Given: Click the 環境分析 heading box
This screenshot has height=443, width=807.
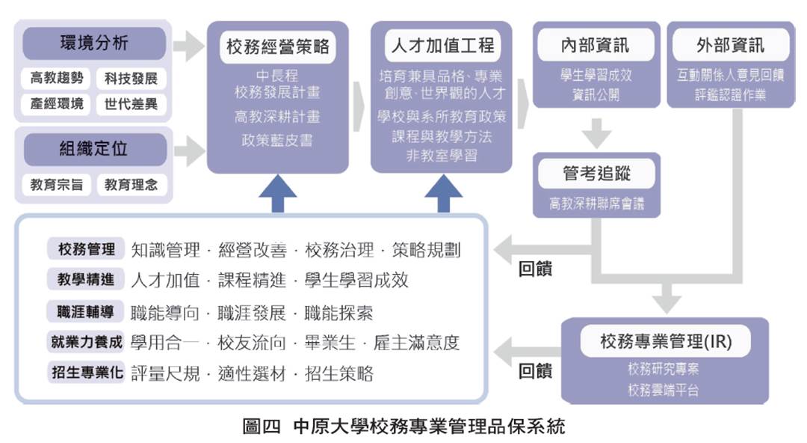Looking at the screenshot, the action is tap(94, 43).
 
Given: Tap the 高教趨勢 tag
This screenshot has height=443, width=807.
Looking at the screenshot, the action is tap(56, 78).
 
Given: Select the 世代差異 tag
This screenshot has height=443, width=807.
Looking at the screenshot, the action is tap(132, 104).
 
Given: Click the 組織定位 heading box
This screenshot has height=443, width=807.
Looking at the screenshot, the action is tap(95, 150).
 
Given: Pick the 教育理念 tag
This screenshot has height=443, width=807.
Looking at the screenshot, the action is tap(132, 185).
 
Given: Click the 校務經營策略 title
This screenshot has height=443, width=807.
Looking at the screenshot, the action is tap(278, 47).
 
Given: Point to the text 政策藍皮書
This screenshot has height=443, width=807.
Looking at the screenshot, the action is tap(277, 140).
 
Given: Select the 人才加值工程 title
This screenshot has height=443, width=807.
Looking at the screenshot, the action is tap(442, 46).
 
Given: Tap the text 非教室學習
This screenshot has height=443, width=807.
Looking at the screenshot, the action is tap(442, 155).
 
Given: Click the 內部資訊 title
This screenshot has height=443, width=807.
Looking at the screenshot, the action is tap(596, 46).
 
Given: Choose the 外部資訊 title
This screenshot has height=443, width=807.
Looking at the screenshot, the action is tap(731, 46).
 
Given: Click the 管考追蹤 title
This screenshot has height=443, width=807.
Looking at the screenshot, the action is tap(596, 174).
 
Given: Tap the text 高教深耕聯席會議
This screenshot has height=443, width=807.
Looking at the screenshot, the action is tap(596, 204).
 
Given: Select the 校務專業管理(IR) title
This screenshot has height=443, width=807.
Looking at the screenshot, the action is tap(666, 341).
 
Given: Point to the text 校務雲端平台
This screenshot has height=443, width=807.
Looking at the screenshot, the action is tap(664, 390).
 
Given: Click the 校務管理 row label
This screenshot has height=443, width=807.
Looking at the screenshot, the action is tap(86, 249).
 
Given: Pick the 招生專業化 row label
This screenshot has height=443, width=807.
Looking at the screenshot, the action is tap(86, 372).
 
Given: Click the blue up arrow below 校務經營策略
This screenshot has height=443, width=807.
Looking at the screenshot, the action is tap(278, 193).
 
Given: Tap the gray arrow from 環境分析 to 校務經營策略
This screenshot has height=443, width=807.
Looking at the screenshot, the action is tap(188, 46).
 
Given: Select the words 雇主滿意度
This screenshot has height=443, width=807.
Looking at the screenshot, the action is tap(416, 343).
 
